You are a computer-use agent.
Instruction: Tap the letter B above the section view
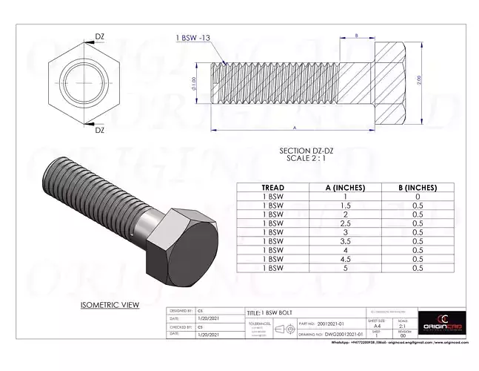pyautogui.click(x=357, y=35)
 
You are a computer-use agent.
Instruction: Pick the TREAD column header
pyautogui.click(x=273, y=188)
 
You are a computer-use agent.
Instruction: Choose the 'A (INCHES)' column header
pyautogui.click(x=344, y=188)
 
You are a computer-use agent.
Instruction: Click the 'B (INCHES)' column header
pyautogui.click(x=417, y=188)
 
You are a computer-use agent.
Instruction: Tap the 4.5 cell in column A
pyautogui.click(x=344, y=259)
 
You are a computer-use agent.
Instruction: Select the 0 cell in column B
pyautogui.click(x=417, y=197)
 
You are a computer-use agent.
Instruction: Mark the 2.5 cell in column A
pyautogui.click(x=344, y=223)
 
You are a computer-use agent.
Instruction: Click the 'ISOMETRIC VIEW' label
pyautogui.click(x=110, y=305)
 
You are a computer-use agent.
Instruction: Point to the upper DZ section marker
pyautogui.click(x=99, y=34)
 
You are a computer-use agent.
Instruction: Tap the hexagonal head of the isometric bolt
pyautogui.click(x=183, y=246)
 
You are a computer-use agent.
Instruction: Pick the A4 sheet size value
pyautogui.click(x=378, y=325)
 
